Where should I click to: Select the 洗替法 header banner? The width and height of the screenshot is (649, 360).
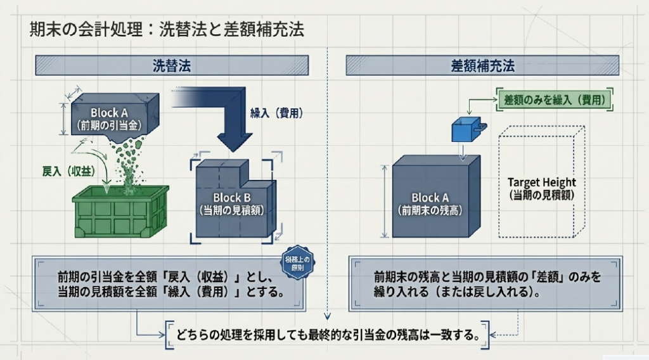tap(171, 65)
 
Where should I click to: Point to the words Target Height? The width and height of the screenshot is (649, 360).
tap(542, 183)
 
